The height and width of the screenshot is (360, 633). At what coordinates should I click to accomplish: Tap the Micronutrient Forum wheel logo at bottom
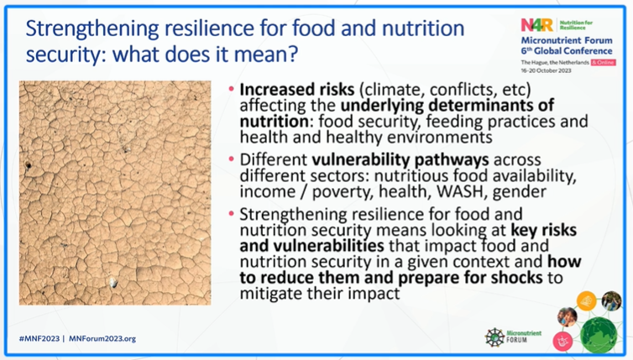click(x=495, y=337)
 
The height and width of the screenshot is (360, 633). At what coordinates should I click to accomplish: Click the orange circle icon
click(x=587, y=300)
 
